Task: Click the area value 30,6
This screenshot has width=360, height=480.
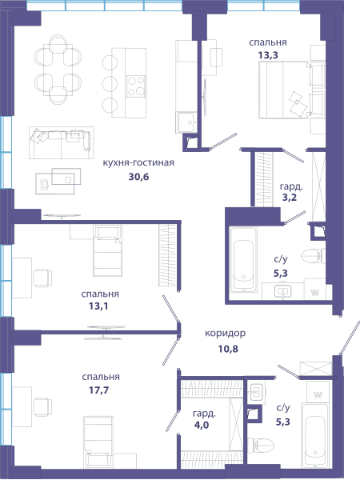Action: [x=138, y=177]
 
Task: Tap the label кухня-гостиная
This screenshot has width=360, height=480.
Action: [x=138, y=162]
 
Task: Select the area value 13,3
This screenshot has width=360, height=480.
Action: [x=268, y=55]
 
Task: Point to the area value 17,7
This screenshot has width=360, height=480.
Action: [x=99, y=390]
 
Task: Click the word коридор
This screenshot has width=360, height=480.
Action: [x=226, y=334]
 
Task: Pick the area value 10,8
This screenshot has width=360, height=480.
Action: [x=228, y=349]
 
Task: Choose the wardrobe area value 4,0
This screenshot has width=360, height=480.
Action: [x=202, y=426]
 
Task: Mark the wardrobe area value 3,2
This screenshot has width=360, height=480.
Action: [x=290, y=198]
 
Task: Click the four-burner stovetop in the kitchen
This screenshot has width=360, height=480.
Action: [x=136, y=86]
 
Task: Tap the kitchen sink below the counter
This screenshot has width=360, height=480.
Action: [x=186, y=122]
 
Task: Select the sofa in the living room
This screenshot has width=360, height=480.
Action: [x=62, y=143]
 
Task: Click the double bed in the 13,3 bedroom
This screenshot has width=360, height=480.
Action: [x=291, y=90]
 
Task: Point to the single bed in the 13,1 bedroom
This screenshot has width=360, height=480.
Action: [x=107, y=250]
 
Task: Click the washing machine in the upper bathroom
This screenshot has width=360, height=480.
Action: [x=314, y=289]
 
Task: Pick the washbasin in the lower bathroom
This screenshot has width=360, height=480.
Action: [x=256, y=392]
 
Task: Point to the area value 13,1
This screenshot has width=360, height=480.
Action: [x=98, y=306]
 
